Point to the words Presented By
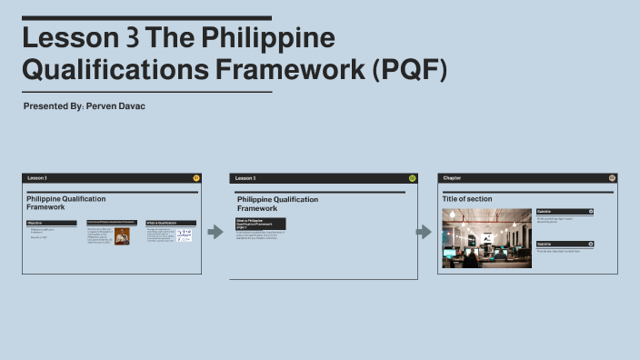click(x=54, y=107)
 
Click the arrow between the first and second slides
click(x=215, y=232)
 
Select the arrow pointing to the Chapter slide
click(x=423, y=232)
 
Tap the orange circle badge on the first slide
click(x=196, y=178)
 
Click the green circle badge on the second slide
click(x=412, y=178)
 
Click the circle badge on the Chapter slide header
click(x=612, y=178)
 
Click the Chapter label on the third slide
click(x=452, y=178)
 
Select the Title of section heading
click(x=467, y=199)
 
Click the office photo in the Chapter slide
click(x=486, y=238)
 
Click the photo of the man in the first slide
click(x=122, y=236)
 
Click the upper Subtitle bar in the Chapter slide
click(x=564, y=211)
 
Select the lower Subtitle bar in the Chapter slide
click(x=564, y=244)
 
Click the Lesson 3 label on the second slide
click(x=245, y=178)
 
